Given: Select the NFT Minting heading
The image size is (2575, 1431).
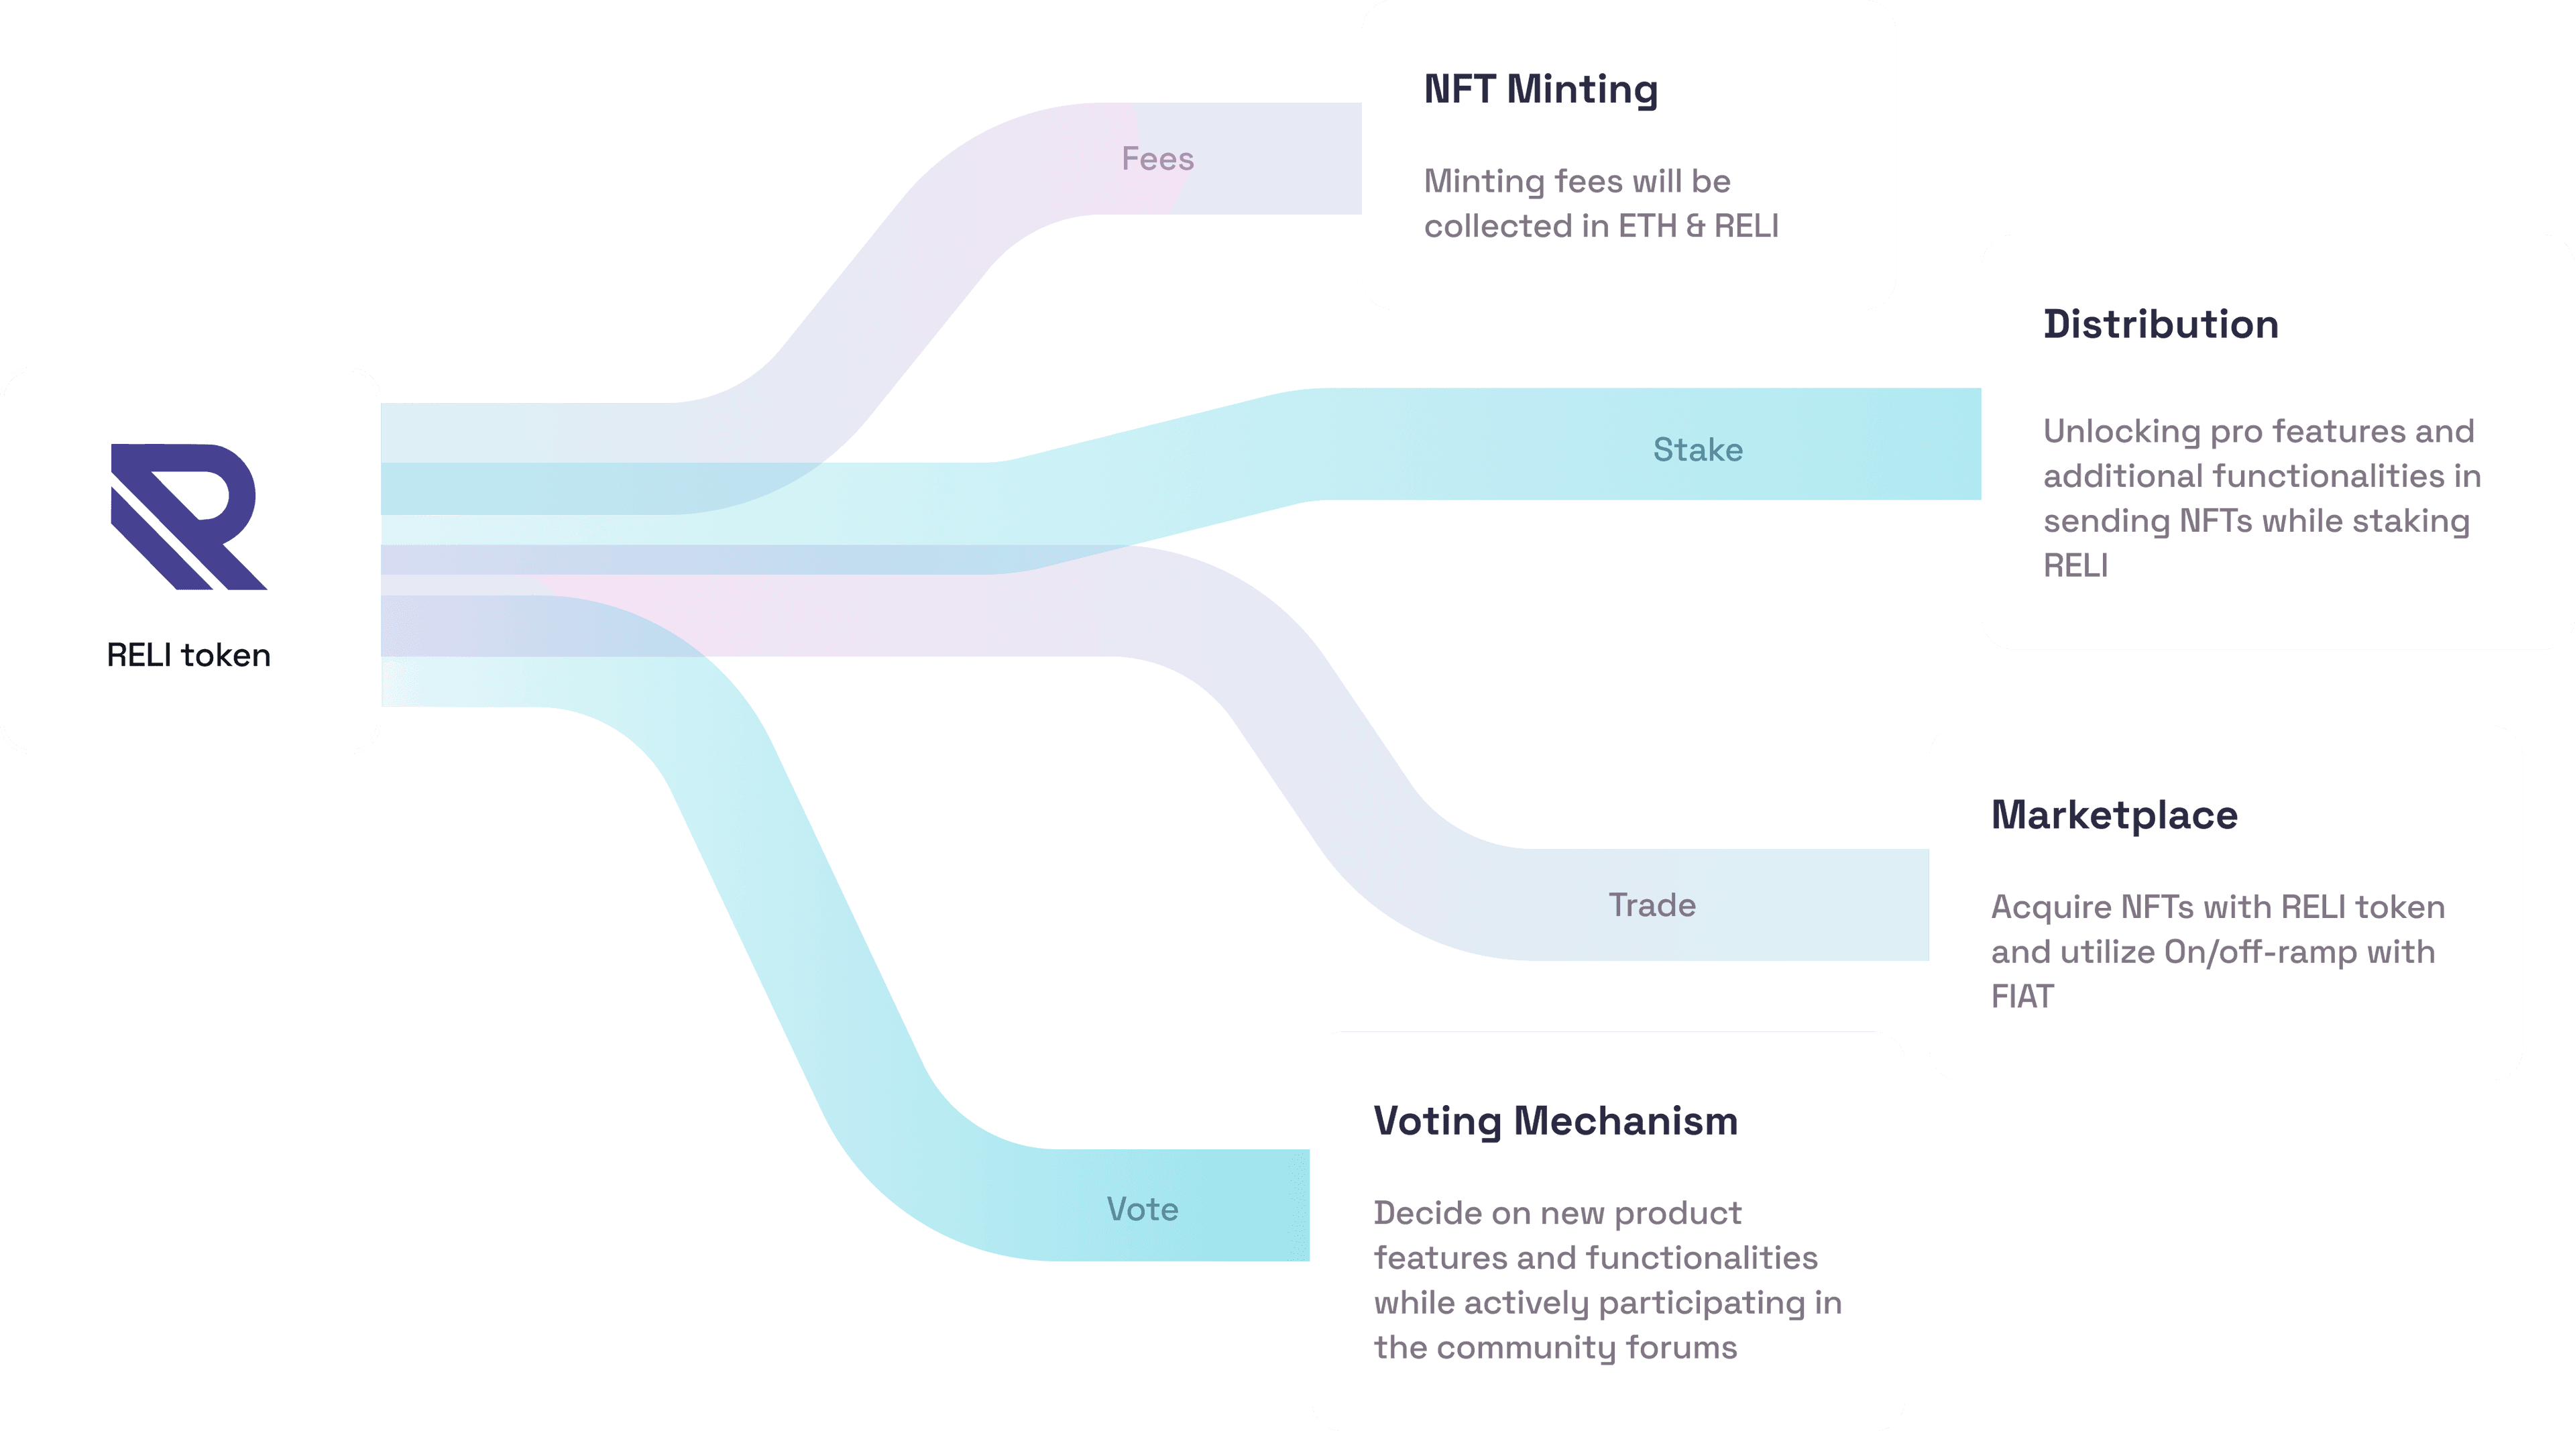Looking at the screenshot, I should [1540, 90].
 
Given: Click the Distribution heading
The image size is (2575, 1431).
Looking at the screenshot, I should [2160, 325].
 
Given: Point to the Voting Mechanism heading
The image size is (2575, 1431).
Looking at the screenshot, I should [1556, 1121].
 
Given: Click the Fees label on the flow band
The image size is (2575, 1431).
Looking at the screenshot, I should [1157, 159].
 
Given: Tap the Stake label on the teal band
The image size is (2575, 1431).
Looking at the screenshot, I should [1697, 450].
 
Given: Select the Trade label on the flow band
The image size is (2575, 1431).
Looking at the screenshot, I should [1652, 905].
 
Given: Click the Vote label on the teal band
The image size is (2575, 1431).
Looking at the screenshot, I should [1143, 1210].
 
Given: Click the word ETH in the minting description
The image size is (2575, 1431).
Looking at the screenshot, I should [1646, 227].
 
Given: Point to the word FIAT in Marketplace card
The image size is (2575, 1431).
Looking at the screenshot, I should [2022, 997].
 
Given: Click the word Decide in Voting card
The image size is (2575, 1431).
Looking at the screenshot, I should [1426, 1213].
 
